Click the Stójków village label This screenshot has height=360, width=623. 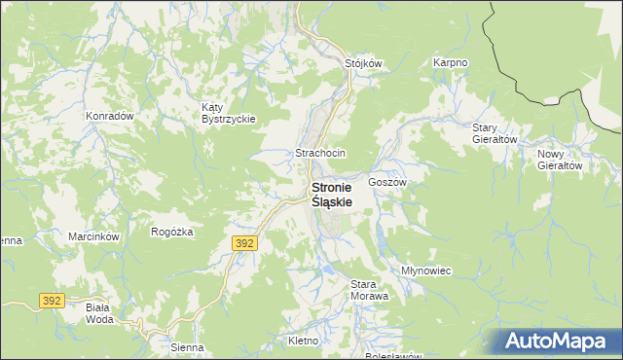click(x=365, y=63)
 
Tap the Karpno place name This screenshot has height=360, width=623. click(x=451, y=62)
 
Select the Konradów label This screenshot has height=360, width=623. click(x=109, y=115)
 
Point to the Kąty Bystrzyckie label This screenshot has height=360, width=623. click(x=228, y=113)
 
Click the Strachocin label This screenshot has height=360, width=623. click(x=320, y=154)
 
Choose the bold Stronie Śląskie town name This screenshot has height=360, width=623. click(x=331, y=194)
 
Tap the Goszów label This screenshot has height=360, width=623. click(x=386, y=182)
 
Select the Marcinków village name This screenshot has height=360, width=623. click(x=93, y=236)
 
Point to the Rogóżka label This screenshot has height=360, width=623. click(x=172, y=232)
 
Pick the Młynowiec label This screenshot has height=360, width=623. click(x=426, y=270)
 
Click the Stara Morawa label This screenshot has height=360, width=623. click(x=369, y=289)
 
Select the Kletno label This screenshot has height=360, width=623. click(x=305, y=341)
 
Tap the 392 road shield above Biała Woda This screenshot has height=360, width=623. click(x=53, y=302)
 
